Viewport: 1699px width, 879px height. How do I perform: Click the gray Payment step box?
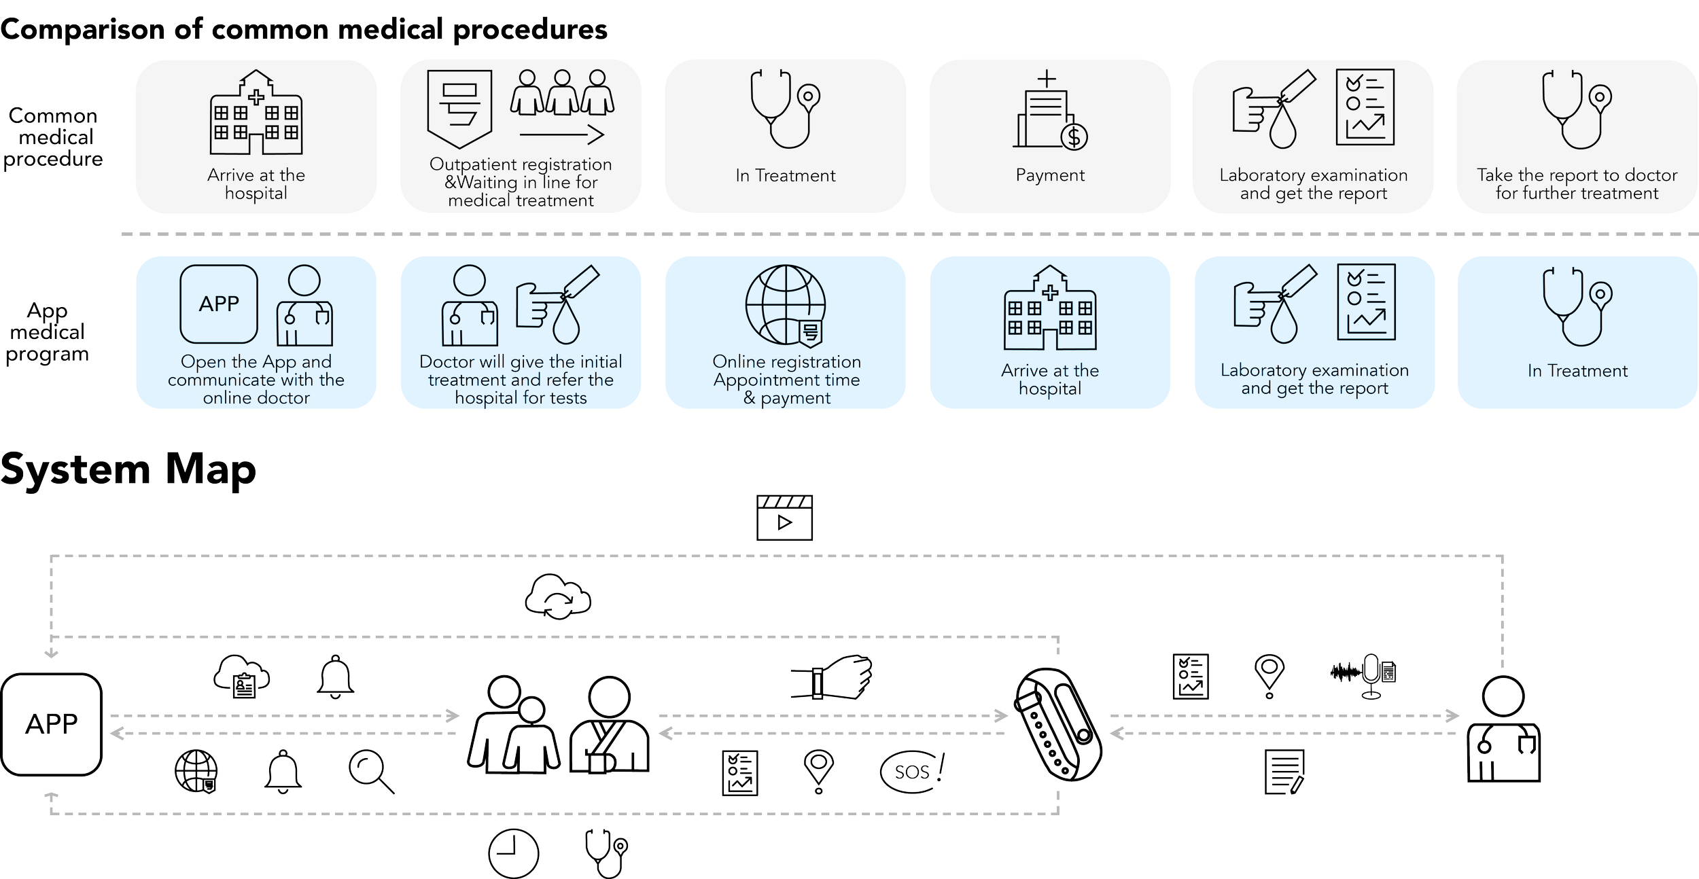1050,136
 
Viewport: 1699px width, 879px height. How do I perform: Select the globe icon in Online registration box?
786,305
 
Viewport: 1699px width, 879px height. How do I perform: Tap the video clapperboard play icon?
784,518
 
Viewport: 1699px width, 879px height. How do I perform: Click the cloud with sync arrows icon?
558,597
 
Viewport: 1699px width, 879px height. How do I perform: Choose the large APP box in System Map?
52,724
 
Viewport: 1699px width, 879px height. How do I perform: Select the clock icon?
514,853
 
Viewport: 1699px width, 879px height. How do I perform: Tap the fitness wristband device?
1057,724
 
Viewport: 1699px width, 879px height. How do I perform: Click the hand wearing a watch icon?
833,677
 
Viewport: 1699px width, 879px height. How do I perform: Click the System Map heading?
128,469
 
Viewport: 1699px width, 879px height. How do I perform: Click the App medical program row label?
48,332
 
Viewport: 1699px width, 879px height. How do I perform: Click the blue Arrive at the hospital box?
1050,333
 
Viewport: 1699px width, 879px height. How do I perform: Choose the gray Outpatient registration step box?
521,136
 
